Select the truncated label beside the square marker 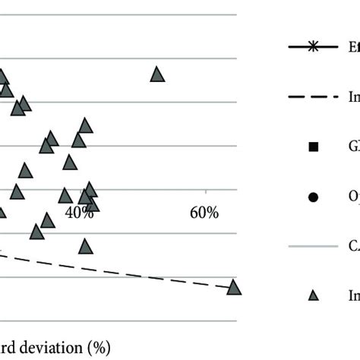click(354, 147)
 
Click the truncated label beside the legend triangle click(354, 296)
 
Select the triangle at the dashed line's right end click(234, 287)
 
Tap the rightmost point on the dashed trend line click(228, 286)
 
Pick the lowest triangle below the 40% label click(85, 246)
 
